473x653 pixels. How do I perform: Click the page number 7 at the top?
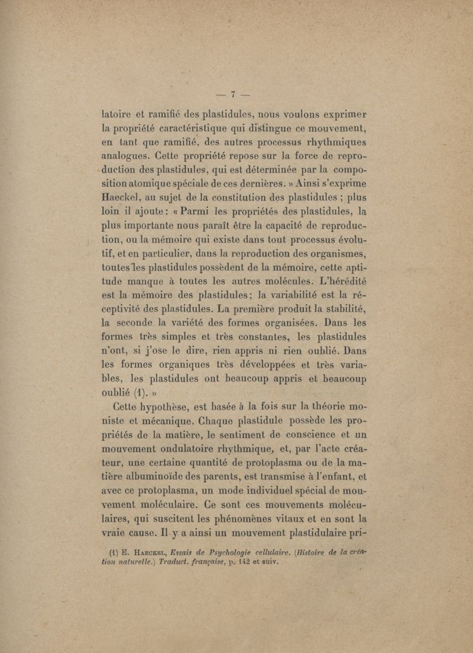point(233,93)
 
